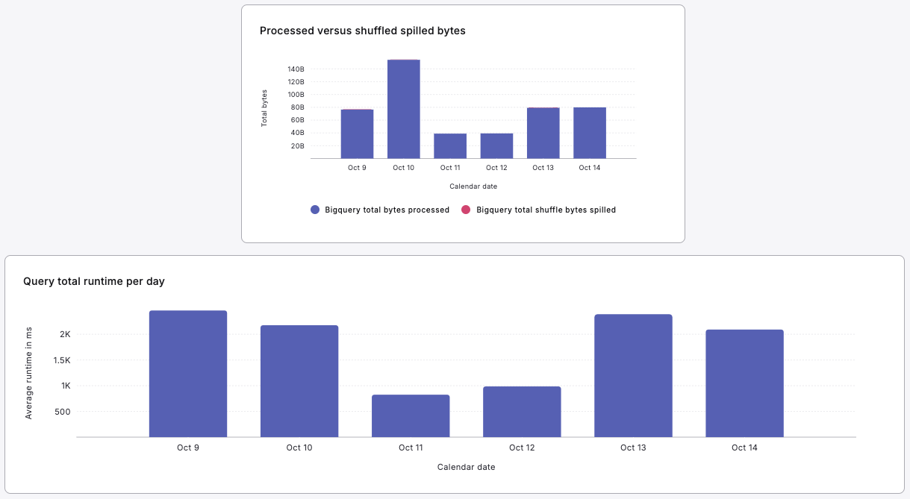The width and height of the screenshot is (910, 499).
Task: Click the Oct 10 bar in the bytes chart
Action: tap(403, 109)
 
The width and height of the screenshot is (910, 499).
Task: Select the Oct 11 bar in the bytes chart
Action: tap(450, 146)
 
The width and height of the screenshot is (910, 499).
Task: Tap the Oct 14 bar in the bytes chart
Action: tap(590, 133)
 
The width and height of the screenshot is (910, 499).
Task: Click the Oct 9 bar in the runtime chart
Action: tap(188, 374)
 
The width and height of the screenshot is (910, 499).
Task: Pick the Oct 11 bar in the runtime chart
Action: tap(411, 415)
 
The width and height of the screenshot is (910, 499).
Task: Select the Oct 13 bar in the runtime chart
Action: tap(633, 375)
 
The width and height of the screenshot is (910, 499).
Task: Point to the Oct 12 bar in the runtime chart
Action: tap(522, 412)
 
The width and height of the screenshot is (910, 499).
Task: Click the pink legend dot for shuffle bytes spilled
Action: tap(466, 210)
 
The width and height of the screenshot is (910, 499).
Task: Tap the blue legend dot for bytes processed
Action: tap(315, 210)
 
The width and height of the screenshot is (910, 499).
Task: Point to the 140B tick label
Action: tap(296, 69)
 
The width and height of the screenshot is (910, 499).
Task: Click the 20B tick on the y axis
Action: tap(297, 146)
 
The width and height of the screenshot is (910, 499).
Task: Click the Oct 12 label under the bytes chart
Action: tap(496, 168)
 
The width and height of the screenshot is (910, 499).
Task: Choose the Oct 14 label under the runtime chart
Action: tap(744, 448)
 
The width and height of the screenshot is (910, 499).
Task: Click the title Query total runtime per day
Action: tap(94, 281)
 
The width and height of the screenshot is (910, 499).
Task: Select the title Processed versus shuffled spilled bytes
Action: tap(362, 31)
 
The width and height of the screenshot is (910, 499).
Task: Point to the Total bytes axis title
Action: tap(264, 108)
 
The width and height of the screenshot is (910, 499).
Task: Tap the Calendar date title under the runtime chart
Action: tap(466, 467)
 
